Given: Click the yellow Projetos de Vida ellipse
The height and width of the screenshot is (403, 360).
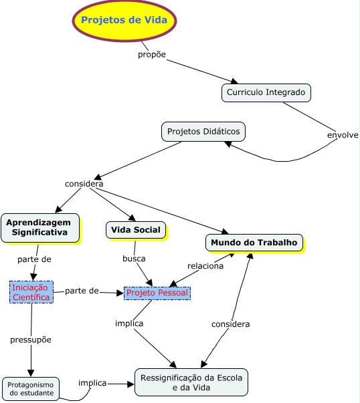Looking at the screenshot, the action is (124, 21).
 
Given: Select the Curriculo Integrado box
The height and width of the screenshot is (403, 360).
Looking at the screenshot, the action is (267, 93).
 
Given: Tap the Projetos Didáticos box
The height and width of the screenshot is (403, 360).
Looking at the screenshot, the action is (204, 132).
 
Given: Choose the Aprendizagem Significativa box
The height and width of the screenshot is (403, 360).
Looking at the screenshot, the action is (40, 228).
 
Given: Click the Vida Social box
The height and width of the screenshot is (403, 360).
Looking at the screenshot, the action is (136, 230).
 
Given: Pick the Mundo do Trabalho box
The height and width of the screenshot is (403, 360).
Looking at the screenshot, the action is (254, 243).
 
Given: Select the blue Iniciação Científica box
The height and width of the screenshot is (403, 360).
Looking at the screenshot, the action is (31, 293).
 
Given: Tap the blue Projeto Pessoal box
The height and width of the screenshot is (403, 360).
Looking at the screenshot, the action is (157, 293).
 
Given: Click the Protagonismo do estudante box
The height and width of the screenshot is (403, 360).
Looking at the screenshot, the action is (31, 390).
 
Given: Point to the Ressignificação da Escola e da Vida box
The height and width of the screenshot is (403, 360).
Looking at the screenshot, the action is (191, 383).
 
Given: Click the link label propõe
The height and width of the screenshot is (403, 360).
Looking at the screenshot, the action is (152, 55).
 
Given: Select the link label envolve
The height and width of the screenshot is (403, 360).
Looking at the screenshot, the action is (343, 135).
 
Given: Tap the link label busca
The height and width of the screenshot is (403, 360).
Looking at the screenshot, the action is (134, 259).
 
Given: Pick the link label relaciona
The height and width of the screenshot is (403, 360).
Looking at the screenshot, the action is (205, 266).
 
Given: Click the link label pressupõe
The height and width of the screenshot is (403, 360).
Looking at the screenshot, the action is (31, 340).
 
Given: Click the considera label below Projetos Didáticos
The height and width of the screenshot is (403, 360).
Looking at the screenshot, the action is (84, 184).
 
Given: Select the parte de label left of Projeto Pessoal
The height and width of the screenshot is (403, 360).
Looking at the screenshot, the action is (82, 291).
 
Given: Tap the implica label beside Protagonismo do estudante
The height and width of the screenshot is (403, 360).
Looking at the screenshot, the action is (92, 383).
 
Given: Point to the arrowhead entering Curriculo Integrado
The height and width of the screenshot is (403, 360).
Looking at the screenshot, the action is (234, 82).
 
